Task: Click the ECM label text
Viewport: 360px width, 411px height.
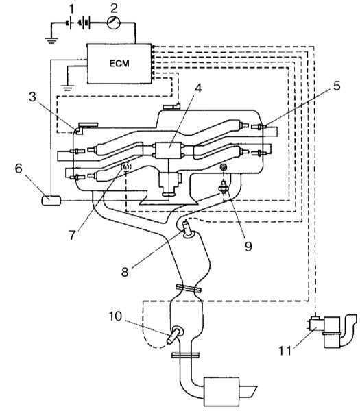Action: (119, 64)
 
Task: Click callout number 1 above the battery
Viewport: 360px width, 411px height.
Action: (71, 9)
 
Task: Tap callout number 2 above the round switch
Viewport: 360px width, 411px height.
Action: (114, 8)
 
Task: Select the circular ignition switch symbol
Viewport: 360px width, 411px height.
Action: (114, 23)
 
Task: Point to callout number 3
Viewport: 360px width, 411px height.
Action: (32, 97)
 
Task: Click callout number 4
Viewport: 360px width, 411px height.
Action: (199, 88)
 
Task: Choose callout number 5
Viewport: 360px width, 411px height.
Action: (337, 86)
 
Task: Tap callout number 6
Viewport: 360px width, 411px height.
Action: (19, 169)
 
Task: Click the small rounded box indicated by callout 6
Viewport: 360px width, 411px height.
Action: (51, 201)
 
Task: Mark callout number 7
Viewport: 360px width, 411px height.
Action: (73, 235)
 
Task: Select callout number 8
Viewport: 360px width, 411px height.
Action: (125, 272)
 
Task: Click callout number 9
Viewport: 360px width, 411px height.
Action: (248, 246)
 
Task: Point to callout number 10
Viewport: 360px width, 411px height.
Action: (115, 316)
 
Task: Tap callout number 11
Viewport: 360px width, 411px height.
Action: (285, 351)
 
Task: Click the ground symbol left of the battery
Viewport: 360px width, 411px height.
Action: (51, 40)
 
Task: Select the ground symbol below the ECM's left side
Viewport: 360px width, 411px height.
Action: (67, 88)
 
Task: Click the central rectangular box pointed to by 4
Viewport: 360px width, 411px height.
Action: (169, 150)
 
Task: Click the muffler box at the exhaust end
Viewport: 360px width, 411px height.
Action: (221, 392)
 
